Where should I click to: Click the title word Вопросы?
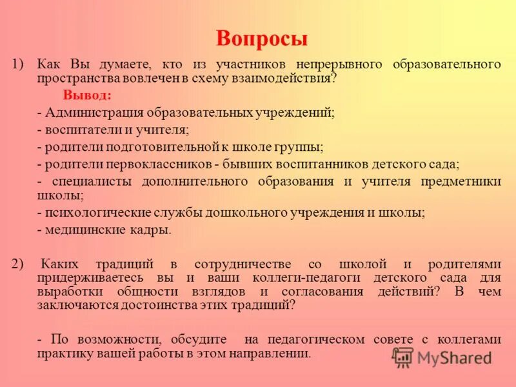(x=262, y=39)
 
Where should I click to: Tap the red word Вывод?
(x=87, y=95)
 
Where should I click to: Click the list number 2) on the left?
(x=17, y=264)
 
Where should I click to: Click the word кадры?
(x=154, y=229)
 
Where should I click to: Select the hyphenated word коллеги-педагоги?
(x=309, y=277)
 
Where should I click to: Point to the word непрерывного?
(x=333, y=64)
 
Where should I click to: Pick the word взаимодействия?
(x=288, y=77)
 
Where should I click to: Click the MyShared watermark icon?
(x=402, y=356)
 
